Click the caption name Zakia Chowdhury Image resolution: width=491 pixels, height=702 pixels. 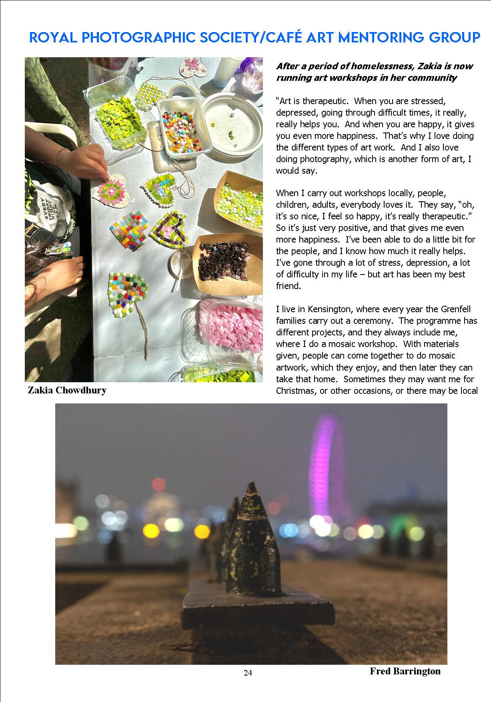[x=67, y=390]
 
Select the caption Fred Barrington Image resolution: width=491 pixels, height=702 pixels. [x=405, y=671]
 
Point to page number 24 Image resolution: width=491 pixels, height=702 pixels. [x=248, y=673]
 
